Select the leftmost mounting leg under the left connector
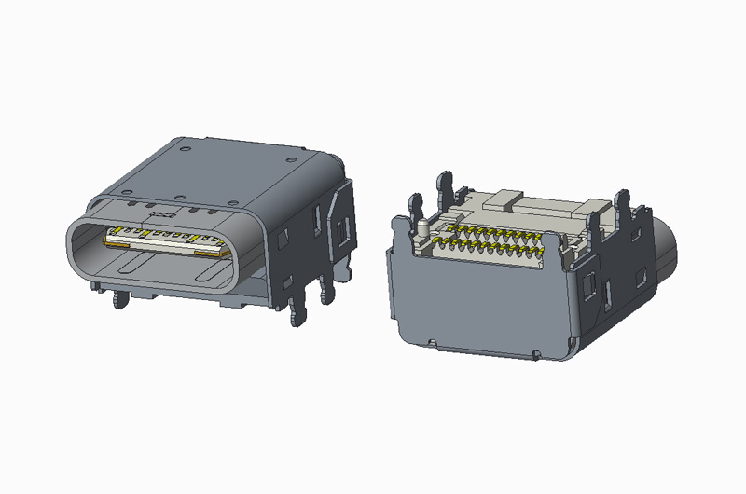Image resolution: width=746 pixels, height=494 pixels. coord(118,301)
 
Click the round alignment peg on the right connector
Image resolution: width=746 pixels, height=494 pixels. coord(422,226)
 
